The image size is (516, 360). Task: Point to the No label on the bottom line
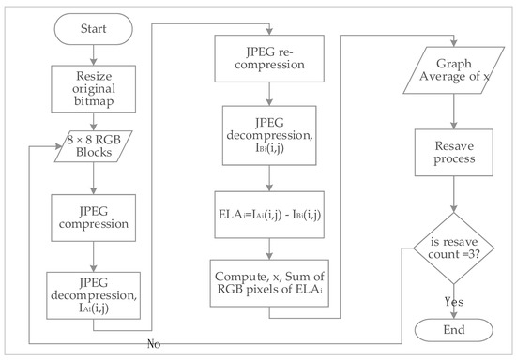pyautogui.click(x=153, y=344)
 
